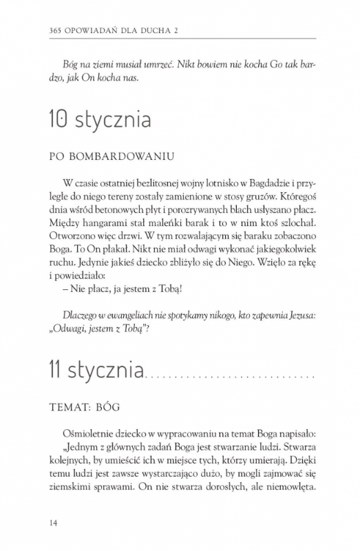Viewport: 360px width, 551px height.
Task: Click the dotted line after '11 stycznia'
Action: [x=229, y=377]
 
